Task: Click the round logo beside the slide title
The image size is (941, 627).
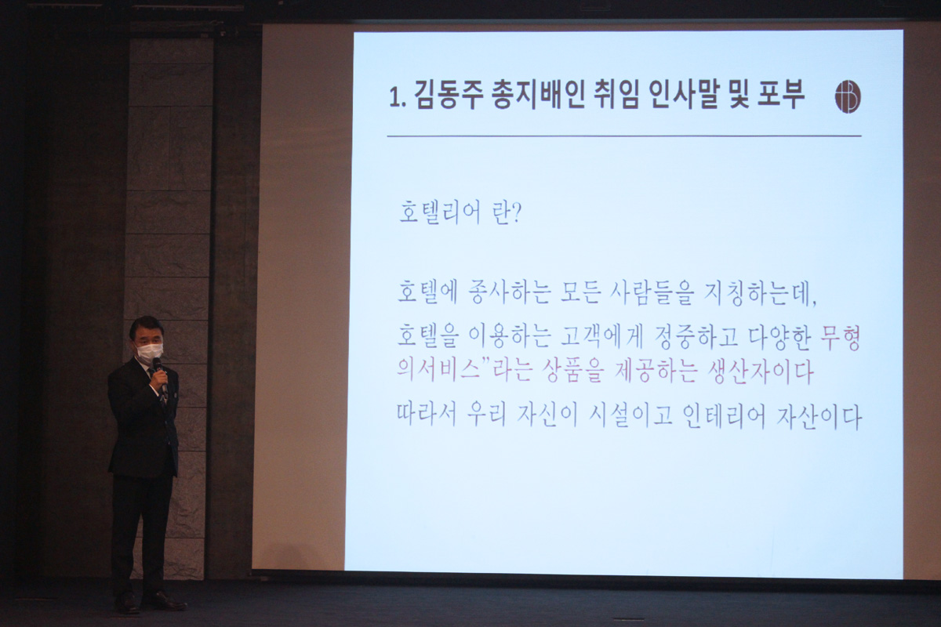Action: (x=848, y=96)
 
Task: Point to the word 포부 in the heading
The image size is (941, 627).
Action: (x=780, y=95)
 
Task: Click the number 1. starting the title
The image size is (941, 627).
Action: (x=398, y=98)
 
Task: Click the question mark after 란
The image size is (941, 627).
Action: (x=517, y=213)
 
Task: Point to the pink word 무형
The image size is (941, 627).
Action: (x=840, y=338)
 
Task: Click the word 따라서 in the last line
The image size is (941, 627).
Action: (x=427, y=415)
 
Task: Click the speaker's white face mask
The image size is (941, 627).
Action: (x=149, y=353)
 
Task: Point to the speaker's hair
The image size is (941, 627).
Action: (x=145, y=327)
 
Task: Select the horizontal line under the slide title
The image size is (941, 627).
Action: (x=624, y=136)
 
